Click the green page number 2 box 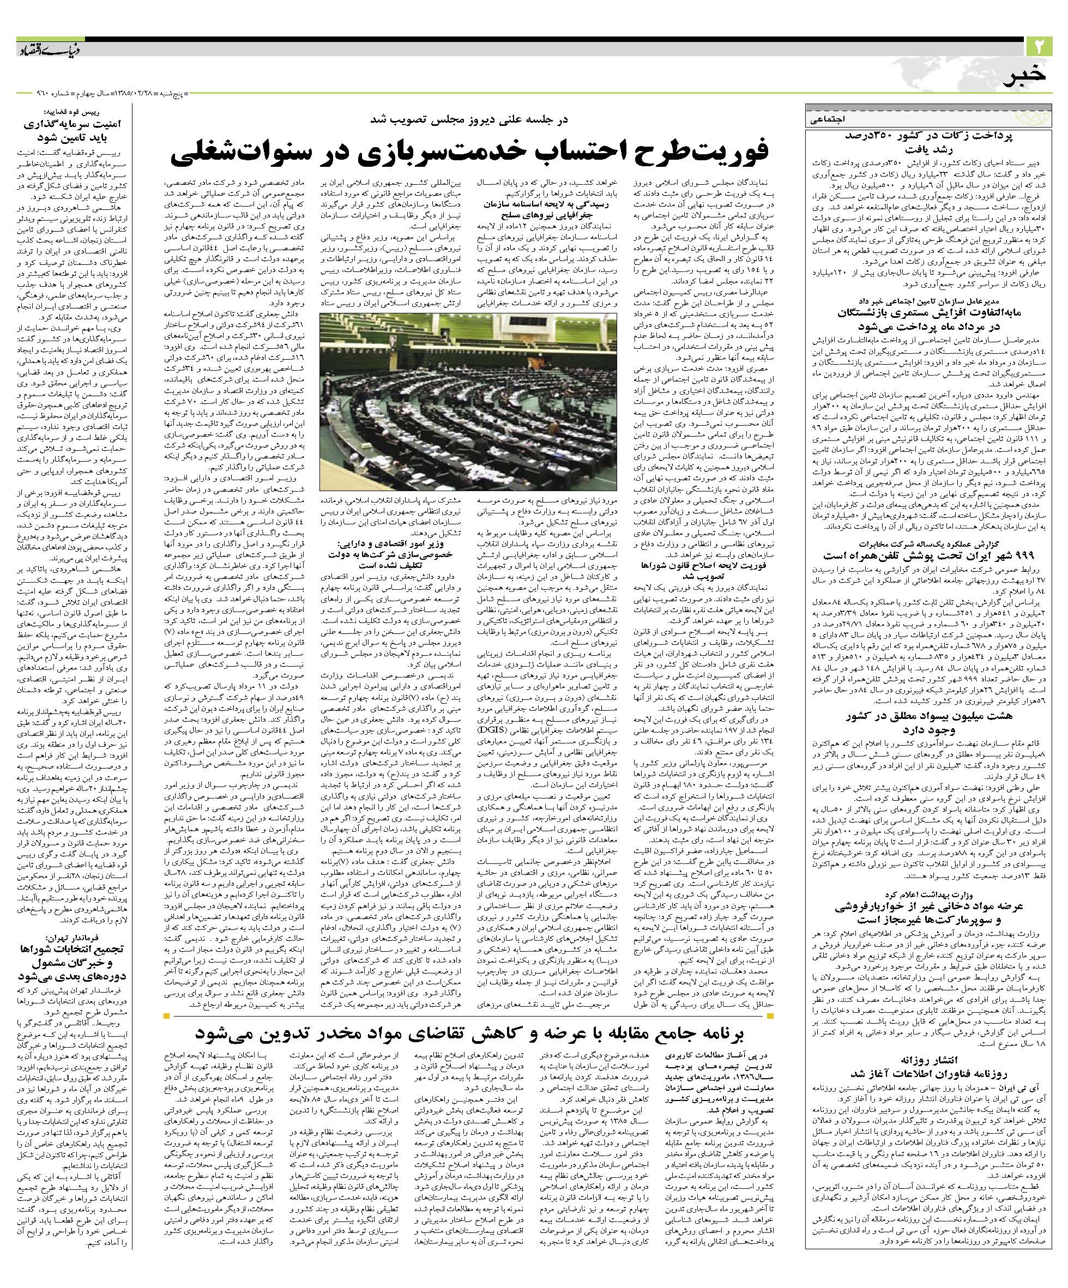(x=1039, y=46)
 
